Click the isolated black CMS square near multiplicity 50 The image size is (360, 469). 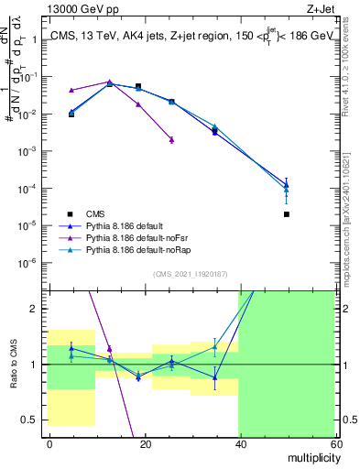click(x=287, y=214)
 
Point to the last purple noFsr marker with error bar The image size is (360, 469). click(x=171, y=139)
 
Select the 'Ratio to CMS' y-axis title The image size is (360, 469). click(x=12, y=364)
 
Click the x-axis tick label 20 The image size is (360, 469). click(x=145, y=443)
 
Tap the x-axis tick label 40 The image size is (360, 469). click(x=239, y=443)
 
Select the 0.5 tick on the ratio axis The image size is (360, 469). click(x=34, y=420)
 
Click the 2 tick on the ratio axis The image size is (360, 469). click(x=38, y=309)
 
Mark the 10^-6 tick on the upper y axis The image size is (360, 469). click(x=32, y=262)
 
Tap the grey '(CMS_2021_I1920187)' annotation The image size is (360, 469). click(x=191, y=274)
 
